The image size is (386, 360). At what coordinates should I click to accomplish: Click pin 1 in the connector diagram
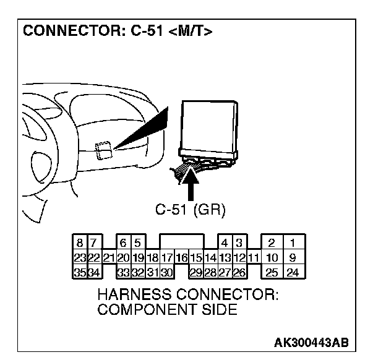(x=293, y=243)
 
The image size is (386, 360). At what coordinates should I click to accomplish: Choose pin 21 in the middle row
(x=108, y=257)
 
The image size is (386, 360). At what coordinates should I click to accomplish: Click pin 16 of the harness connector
(x=181, y=257)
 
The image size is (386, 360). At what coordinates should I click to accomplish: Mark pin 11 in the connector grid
(x=253, y=257)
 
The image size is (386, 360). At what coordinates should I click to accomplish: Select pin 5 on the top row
(x=137, y=243)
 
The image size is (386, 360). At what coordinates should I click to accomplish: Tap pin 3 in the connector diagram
(x=239, y=243)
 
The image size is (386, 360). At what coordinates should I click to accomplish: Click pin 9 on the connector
(x=293, y=257)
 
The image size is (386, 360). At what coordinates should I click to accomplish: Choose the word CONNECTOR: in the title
(x=69, y=32)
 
